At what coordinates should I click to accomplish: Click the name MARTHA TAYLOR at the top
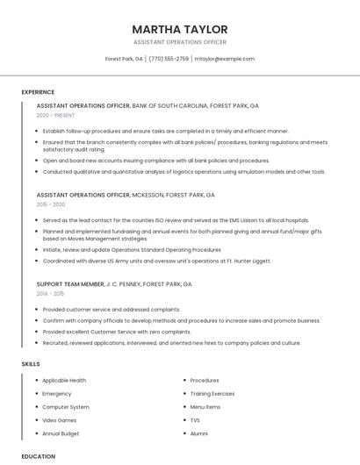pos(180,29)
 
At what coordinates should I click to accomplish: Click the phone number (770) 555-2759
pos(169,59)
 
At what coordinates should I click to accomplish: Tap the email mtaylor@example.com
pos(224,59)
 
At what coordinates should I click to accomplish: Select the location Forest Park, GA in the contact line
pos(124,59)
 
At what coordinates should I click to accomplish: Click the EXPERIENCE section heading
pos(38,92)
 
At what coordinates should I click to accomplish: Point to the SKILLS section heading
pos(31,363)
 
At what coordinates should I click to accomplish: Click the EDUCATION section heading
pos(38,456)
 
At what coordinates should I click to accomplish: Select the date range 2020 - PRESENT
pos(55,116)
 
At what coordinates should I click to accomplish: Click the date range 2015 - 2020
pos(51,204)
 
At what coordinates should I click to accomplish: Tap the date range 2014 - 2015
pos(51,294)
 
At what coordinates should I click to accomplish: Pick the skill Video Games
pos(60,420)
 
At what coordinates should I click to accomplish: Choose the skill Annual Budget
pos(61,433)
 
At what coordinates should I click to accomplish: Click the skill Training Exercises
pos(212,394)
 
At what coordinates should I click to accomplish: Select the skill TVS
pos(195,420)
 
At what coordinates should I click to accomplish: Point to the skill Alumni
pos(199,433)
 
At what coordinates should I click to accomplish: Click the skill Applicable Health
pos(64,381)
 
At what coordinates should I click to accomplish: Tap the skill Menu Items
pos(205,407)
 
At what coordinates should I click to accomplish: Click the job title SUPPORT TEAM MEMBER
pos(70,284)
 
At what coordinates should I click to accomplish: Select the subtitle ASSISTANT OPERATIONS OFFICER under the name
pos(180,42)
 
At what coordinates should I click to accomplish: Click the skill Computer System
pos(66,407)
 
